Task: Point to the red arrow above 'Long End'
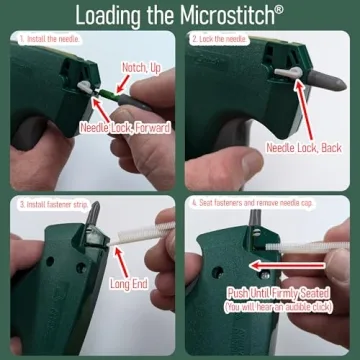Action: [119, 258]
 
